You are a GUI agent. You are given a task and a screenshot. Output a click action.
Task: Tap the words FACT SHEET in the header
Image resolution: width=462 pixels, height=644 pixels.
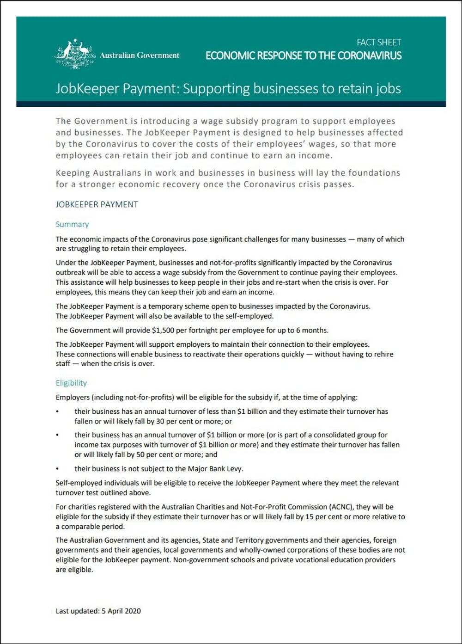point(379,42)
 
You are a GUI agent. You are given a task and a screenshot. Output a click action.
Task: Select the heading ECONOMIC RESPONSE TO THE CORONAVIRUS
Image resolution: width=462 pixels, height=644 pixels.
point(304,56)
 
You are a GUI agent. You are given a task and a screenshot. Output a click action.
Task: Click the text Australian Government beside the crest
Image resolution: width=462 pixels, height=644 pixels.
point(140,55)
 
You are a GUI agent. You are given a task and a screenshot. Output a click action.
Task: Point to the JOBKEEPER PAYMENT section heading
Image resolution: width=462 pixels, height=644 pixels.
point(97,204)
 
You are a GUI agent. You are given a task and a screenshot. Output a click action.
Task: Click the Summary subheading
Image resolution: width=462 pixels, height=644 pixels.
point(72,224)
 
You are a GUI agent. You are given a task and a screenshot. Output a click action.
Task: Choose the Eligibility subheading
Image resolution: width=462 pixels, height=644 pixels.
point(71,383)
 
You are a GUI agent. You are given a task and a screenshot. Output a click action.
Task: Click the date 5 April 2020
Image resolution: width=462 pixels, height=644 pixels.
point(121,611)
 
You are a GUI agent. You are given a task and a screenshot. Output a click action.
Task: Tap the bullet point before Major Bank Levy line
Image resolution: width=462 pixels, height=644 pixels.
point(57,468)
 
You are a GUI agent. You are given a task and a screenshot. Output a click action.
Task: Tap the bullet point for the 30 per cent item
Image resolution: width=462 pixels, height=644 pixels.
point(57,411)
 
